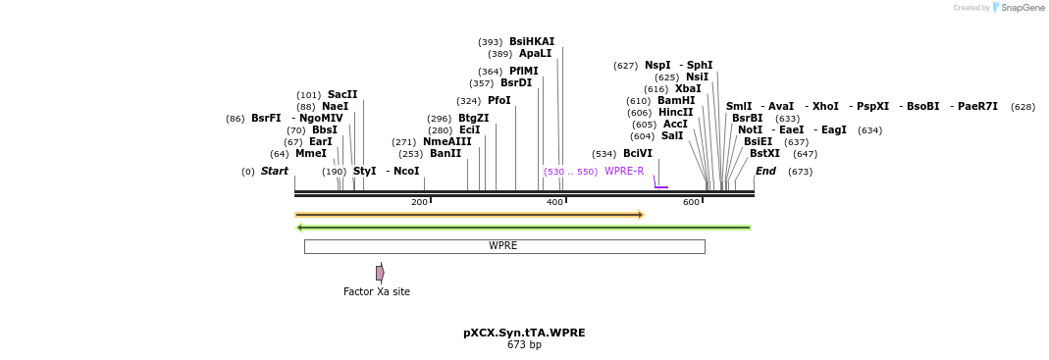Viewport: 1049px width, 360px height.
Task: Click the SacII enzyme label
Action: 342,95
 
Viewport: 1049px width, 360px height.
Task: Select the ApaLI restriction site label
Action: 535,54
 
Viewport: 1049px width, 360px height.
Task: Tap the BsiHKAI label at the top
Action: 531,42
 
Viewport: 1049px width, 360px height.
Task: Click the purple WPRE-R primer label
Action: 624,172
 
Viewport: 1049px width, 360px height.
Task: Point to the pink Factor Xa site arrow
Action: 380,273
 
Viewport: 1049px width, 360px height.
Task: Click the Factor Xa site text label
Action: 377,291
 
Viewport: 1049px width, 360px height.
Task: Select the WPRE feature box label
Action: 503,246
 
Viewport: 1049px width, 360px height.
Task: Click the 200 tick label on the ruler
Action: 419,202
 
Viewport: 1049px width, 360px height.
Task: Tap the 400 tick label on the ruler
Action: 554,202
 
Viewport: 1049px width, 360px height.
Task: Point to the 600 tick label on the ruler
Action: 691,202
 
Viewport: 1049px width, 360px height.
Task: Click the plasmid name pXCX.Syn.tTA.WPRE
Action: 524,333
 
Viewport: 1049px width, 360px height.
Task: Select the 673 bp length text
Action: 524,345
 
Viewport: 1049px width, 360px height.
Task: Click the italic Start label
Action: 274,172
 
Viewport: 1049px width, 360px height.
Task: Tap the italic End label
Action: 765,172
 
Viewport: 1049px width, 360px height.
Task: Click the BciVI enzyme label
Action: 637,154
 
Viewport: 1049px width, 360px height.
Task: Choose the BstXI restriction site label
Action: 764,154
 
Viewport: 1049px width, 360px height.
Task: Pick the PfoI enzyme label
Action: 498,101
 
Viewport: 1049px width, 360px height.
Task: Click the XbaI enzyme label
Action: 688,89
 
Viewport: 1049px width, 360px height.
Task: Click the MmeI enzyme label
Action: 310,154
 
